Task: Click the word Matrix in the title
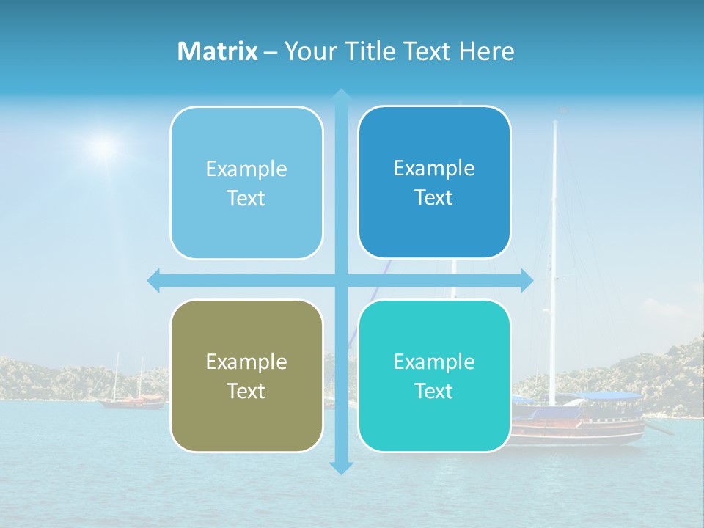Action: (x=217, y=51)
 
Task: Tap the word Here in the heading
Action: (x=486, y=51)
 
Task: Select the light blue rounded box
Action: (x=246, y=183)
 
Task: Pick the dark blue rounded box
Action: (x=434, y=183)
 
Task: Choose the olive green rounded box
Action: (x=246, y=375)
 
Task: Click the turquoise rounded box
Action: (x=434, y=375)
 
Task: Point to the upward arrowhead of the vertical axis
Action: (x=341, y=95)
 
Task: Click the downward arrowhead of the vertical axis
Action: (x=341, y=467)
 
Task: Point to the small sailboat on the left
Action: (x=132, y=400)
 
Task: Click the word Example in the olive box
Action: (x=246, y=362)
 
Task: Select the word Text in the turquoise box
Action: (x=434, y=391)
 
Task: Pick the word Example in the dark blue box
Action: (x=434, y=168)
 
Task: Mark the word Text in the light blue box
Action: (x=246, y=199)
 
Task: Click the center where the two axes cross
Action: (x=341, y=280)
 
